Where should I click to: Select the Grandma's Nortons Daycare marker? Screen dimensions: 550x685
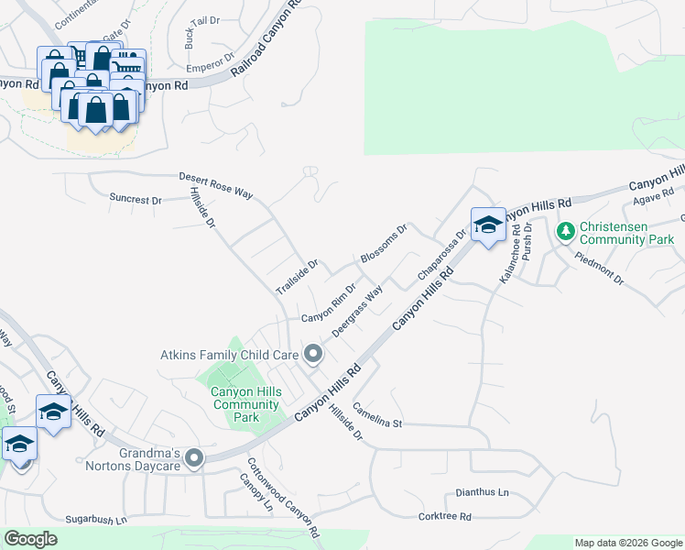tap(193, 457)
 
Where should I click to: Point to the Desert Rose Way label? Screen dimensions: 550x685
tap(215, 185)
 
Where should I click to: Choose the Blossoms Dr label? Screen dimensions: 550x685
tap(383, 245)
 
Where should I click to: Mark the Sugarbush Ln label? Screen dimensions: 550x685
tap(95, 519)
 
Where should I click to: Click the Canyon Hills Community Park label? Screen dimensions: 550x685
tap(246, 404)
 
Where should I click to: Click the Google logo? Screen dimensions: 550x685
tap(31, 539)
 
